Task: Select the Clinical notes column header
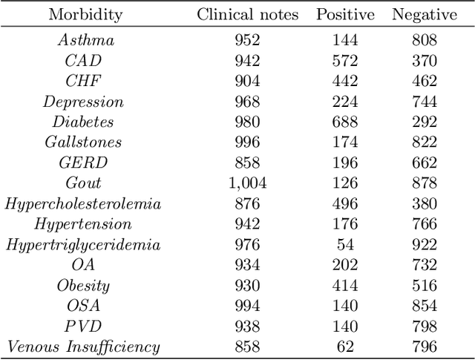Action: point(249,15)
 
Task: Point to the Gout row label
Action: point(83,183)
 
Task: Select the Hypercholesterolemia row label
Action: point(83,203)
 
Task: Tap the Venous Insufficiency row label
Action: point(83,346)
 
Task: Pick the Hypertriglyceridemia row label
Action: point(83,244)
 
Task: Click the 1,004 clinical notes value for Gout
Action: point(249,183)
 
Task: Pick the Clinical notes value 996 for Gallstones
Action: point(249,142)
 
